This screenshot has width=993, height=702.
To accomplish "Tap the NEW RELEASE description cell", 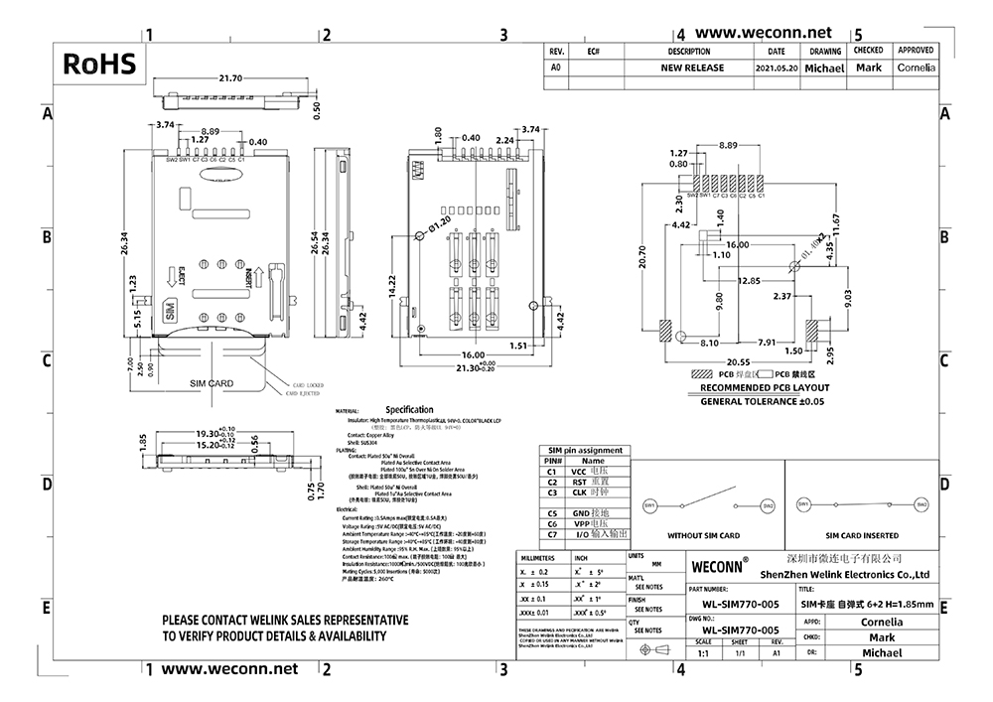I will pyautogui.click(x=692, y=69).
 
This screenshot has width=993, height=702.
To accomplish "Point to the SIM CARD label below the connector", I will pyautogui.click(x=211, y=382).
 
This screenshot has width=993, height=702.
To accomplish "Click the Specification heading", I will pyautogui.click(x=409, y=409).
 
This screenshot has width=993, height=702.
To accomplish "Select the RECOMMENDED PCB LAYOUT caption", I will pyautogui.click(x=765, y=388).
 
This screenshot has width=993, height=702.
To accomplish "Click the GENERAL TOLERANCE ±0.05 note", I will pyautogui.click(x=764, y=401).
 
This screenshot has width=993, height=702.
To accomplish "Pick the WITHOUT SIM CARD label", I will pyautogui.click(x=703, y=535).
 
